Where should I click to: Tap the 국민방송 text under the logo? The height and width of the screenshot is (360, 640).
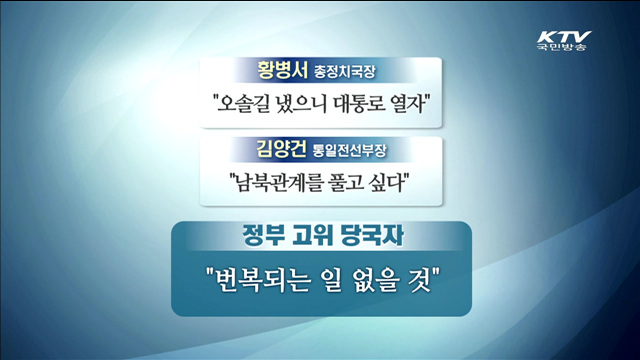(x=564, y=47)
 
